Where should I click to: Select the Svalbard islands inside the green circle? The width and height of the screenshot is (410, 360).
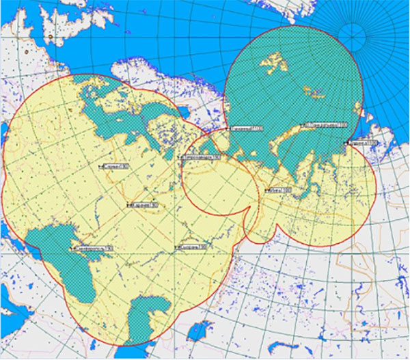273,65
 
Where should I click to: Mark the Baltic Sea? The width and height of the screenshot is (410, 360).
116,109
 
